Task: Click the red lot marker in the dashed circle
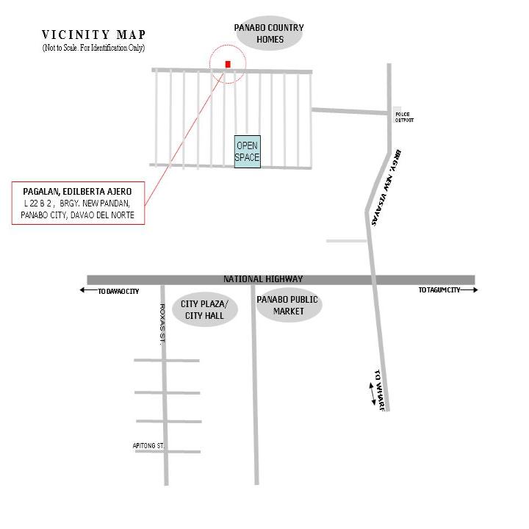coord(228,64)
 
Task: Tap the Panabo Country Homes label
coord(269,33)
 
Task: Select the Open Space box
coord(248,151)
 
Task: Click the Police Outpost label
coord(404,117)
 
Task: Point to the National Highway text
coord(263,279)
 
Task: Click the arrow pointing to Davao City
coord(88,289)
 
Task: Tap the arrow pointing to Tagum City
coord(469,289)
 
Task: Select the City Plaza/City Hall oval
coord(205,309)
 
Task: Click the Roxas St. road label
coord(162,324)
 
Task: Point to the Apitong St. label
coord(148,446)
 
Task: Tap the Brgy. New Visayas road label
coord(386,187)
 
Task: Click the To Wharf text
coord(380,390)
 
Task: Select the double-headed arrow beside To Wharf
coord(372,394)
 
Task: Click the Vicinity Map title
coord(94,35)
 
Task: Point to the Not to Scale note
coord(94,48)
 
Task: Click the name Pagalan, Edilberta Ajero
coord(77,191)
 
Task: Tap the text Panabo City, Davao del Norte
coord(78,215)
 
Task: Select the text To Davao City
coord(118,292)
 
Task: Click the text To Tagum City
coord(439,290)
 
